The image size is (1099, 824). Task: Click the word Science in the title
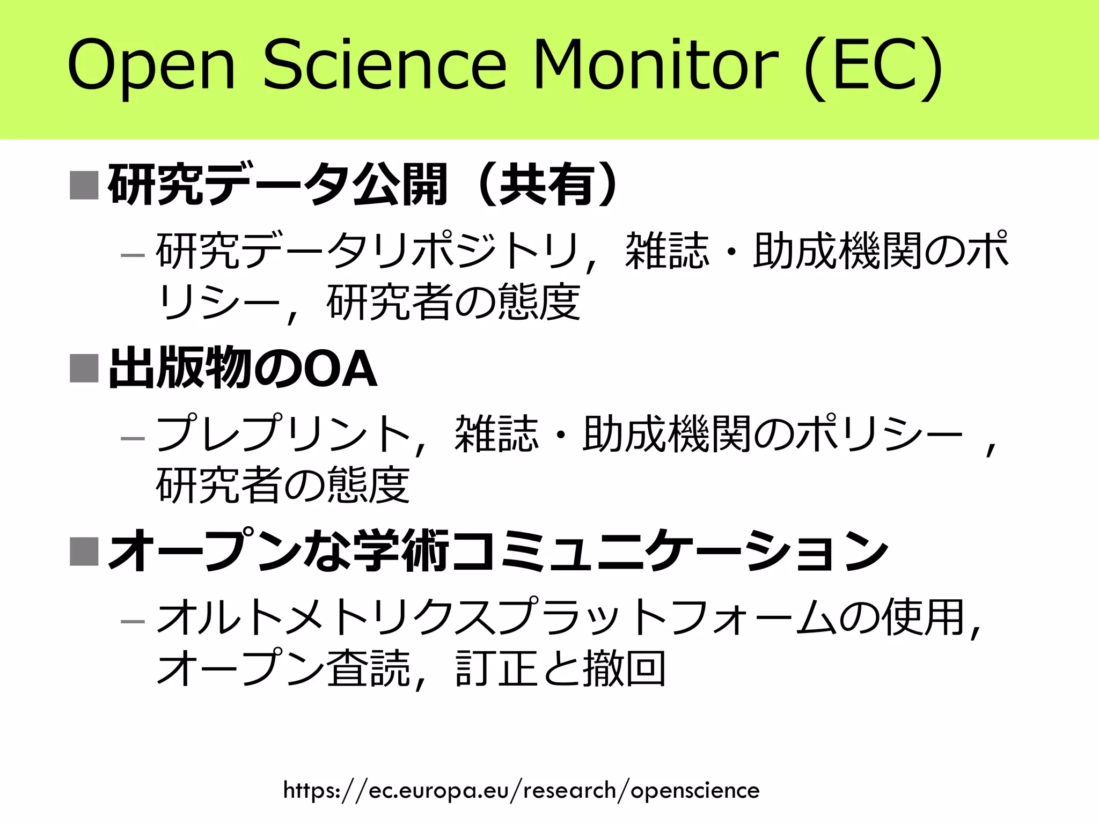click(384, 64)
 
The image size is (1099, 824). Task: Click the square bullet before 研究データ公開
click(84, 185)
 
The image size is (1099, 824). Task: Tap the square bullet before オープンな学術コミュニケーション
click(84, 551)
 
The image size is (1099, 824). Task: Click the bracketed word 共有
click(547, 185)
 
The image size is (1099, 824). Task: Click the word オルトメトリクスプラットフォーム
click(496, 617)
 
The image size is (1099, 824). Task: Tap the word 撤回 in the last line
click(625, 668)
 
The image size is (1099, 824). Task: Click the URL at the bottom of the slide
click(521, 790)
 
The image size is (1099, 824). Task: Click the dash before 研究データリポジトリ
click(133, 255)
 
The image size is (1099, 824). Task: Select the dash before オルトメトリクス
click(133, 622)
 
